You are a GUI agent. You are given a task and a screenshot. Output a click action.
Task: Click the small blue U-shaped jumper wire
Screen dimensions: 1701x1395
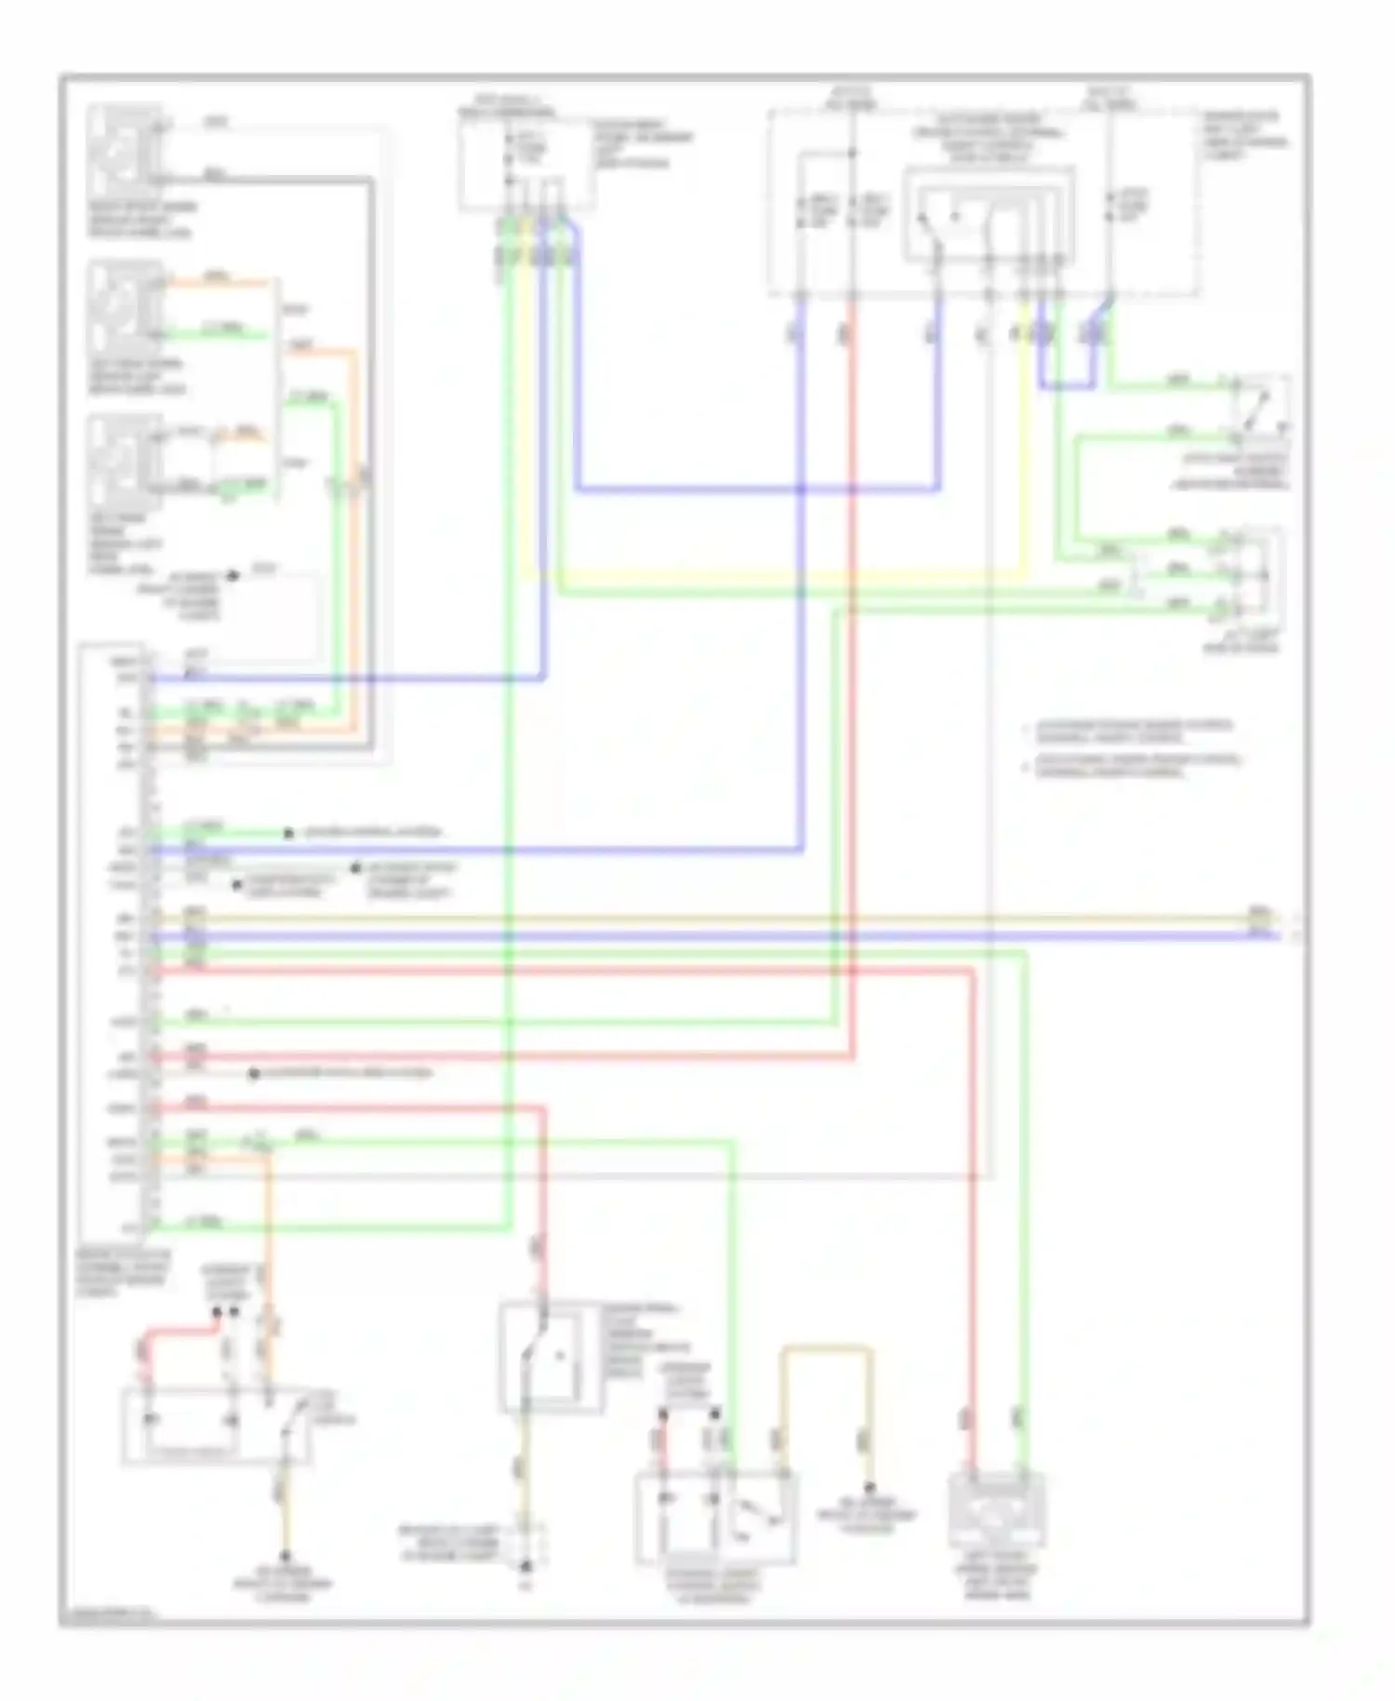pos(1068,383)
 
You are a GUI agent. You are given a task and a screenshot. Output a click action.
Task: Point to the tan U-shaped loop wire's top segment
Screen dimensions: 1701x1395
pos(826,1346)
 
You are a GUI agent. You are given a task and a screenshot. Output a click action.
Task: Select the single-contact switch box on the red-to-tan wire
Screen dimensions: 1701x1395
pos(547,1356)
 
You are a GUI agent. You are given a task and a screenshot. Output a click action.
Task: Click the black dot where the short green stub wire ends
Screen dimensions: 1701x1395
pos(288,833)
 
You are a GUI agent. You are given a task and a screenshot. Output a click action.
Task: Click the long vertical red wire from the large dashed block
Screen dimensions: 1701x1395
pos(851,651)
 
